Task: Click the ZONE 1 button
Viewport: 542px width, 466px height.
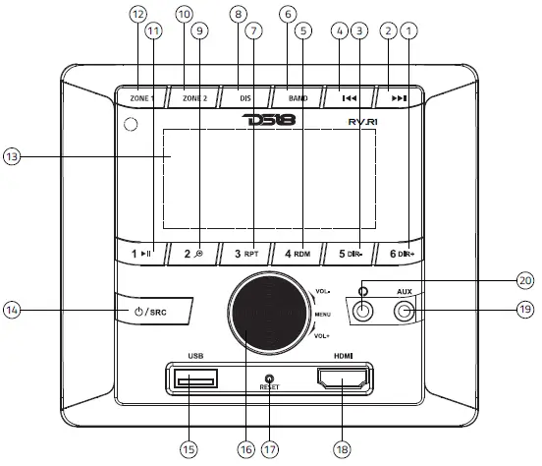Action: click(x=143, y=99)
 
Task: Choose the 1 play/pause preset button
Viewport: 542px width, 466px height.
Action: click(x=141, y=255)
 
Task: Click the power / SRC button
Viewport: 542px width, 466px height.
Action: click(x=148, y=312)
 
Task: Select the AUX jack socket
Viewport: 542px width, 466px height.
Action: click(x=405, y=313)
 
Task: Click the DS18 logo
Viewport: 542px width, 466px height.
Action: click(x=264, y=120)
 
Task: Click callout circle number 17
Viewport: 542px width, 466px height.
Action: click(x=269, y=447)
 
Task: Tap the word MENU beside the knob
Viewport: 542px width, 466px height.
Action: click(x=323, y=314)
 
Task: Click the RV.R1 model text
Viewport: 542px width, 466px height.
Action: click(x=363, y=122)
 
